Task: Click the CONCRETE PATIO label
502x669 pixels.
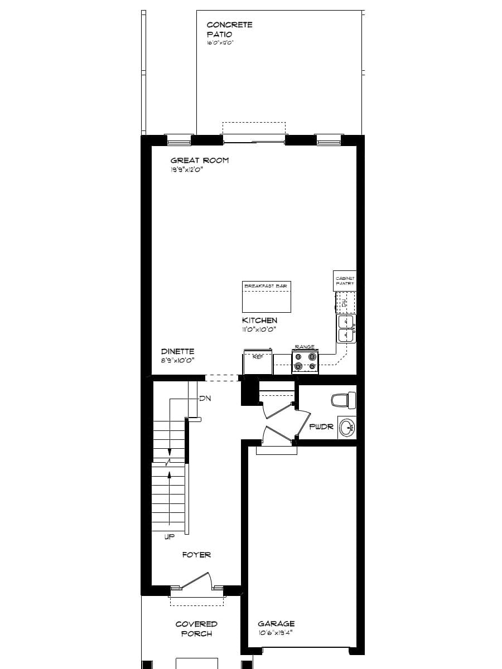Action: pos(229,30)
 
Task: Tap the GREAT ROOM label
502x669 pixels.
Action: pos(199,161)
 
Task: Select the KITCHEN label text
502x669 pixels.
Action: pos(259,321)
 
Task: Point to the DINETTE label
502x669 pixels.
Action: pos(177,352)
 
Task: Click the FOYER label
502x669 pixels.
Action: pos(196,555)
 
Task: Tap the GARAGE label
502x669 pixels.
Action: pos(276,624)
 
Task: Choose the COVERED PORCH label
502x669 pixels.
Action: pos(196,629)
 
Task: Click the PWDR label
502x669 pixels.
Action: pos(321,427)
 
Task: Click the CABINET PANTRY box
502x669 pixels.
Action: pos(345,280)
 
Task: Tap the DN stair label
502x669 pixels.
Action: pos(205,399)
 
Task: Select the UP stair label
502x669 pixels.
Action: pos(170,537)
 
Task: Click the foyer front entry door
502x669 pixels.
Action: pos(196,580)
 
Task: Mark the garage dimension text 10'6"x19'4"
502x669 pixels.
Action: pos(275,633)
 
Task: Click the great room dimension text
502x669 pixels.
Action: pos(186,169)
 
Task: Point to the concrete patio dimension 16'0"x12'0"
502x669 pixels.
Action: pos(220,42)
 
